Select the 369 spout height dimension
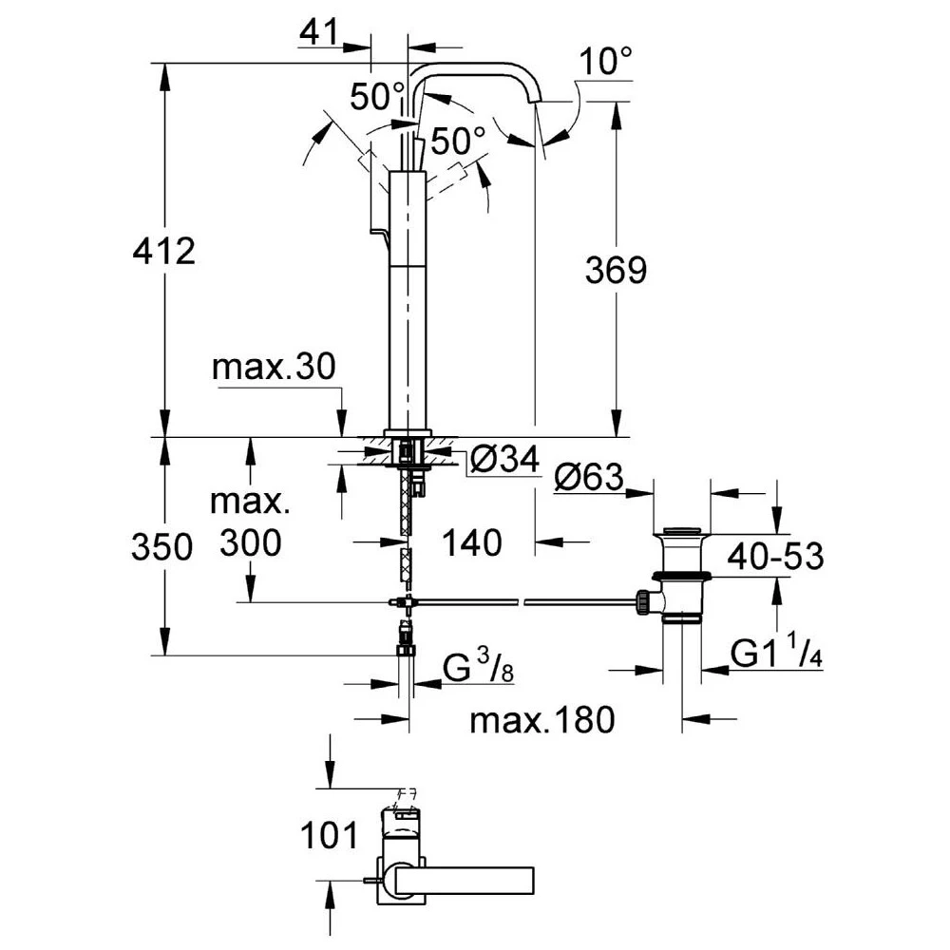click(x=615, y=270)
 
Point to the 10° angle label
click(x=605, y=64)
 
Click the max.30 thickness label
click(x=274, y=368)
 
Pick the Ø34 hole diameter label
click(x=503, y=461)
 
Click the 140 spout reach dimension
click(x=472, y=543)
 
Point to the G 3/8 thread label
click(x=480, y=670)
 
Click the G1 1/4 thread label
click(x=776, y=655)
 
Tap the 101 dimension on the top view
click(x=329, y=836)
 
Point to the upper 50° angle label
click(x=377, y=96)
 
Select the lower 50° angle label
click(x=460, y=142)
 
